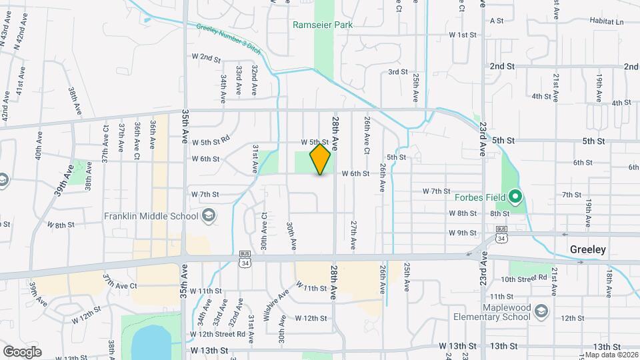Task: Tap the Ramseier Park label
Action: click(x=323, y=25)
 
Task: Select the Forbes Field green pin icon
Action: click(x=515, y=197)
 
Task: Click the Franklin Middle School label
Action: click(x=151, y=216)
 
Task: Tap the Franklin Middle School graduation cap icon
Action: click(x=209, y=215)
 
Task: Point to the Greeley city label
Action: click(x=588, y=249)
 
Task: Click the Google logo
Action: click(x=22, y=351)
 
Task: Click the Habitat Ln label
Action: click(x=609, y=21)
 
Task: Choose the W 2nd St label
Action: click(x=206, y=58)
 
